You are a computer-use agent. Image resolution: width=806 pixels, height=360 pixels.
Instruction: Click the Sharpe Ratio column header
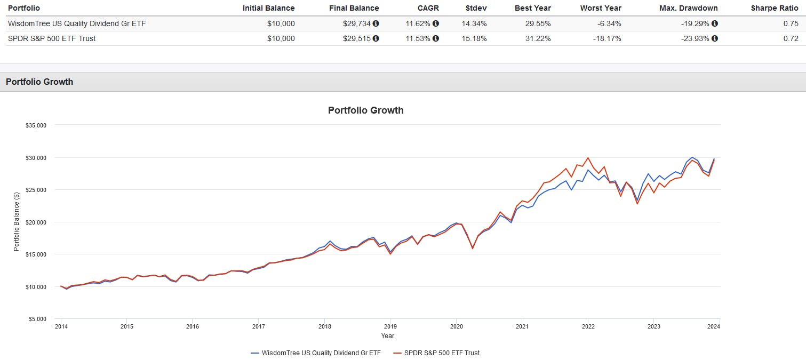[x=775, y=8]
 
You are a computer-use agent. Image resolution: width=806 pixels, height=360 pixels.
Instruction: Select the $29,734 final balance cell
[x=357, y=23]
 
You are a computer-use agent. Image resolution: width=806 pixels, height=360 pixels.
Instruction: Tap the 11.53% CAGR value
[x=418, y=38]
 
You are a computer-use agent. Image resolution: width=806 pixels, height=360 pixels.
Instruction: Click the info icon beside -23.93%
[x=715, y=38]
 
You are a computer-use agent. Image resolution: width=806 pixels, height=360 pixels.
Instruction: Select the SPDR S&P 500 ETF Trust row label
[x=52, y=38]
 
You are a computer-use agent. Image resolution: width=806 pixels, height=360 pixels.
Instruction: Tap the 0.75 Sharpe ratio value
[x=791, y=23]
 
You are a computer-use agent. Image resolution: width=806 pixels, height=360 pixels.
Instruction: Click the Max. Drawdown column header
[x=688, y=8]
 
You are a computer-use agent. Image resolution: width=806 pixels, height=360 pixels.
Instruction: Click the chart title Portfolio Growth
[x=365, y=110]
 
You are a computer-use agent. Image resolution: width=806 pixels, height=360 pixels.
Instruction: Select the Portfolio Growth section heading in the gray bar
[x=39, y=82]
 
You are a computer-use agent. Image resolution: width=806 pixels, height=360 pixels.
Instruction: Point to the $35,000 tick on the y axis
[x=36, y=125]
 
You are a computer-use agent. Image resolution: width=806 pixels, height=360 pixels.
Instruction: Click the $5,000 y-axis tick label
[x=38, y=319]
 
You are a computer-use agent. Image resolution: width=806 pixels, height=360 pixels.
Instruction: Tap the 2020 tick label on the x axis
[x=456, y=326]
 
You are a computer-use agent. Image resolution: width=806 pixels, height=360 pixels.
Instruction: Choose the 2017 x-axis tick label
[x=258, y=326]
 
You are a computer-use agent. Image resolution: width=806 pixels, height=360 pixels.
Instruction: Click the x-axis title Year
[x=388, y=336]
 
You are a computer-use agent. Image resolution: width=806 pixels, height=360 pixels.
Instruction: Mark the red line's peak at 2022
[x=588, y=158]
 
